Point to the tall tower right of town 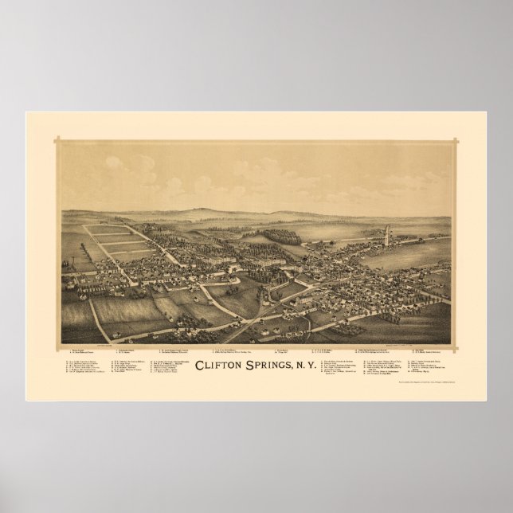click(x=388, y=235)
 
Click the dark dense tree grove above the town click(x=282, y=237)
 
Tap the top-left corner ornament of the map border click(x=57, y=141)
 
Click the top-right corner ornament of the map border click(x=456, y=141)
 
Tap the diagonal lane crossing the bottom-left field click(x=99, y=319)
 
